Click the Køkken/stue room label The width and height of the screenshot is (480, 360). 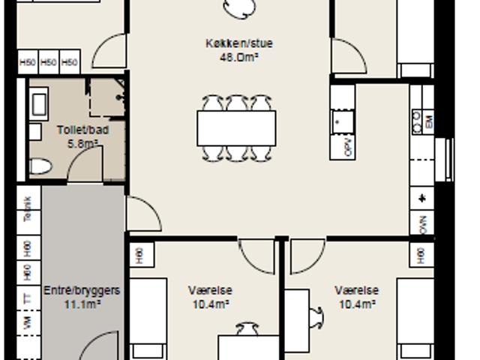point(238,43)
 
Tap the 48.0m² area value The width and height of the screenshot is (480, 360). point(238,55)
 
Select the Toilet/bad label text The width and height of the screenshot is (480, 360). point(82,130)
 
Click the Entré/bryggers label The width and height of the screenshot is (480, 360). point(82,290)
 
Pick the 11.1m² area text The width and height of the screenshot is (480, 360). point(82,304)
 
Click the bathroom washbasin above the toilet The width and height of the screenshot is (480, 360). point(39,103)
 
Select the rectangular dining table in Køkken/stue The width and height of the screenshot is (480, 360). point(236,127)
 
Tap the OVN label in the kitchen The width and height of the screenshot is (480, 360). point(423,225)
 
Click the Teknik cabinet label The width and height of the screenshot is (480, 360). point(28,208)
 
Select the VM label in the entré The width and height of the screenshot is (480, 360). point(28,323)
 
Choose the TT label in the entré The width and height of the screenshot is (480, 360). point(28,298)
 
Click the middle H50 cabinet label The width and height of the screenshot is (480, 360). point(49,62)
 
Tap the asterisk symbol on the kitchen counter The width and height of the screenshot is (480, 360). point(422,198)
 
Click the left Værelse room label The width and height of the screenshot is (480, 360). point(210,290)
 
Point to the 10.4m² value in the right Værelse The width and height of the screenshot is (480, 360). point(357,304)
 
